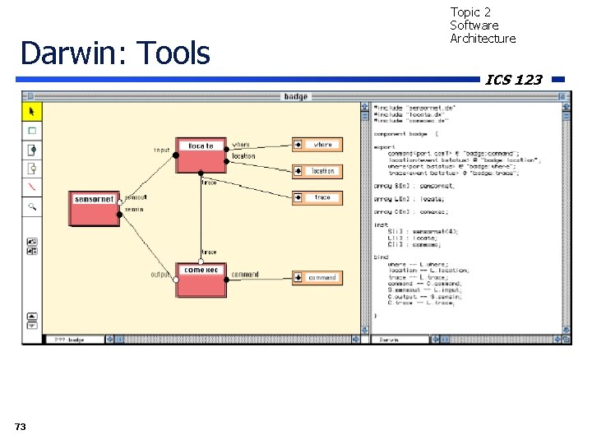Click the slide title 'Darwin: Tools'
[115, 53]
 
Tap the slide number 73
[21, 426]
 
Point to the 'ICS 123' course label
[513, 80]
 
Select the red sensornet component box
[94, 208]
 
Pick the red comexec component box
[201, 279]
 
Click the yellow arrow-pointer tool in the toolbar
[32, 111]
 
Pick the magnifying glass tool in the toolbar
[32, 206]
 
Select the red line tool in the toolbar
[32, 187]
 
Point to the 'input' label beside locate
[162, 150]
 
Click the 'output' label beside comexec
[160, 274]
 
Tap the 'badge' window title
[295, 96]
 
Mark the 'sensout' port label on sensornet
[136, 197]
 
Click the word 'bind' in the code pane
[381, 257]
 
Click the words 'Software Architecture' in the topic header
[483, 32]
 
